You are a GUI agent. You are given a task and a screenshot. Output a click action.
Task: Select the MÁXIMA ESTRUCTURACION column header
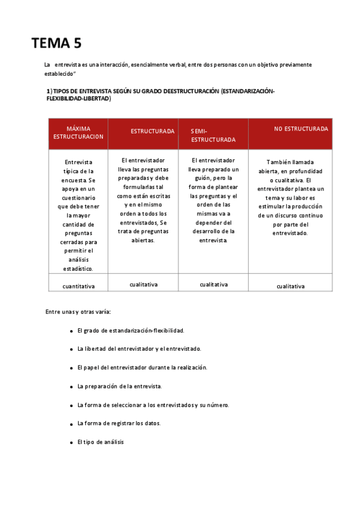click(78, 133)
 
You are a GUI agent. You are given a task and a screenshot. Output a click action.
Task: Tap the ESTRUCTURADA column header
click(153, 131)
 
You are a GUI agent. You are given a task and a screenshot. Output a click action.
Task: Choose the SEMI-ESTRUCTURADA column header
click(213, 135)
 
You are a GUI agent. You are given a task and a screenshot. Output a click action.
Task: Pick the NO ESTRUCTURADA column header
click(301, 129)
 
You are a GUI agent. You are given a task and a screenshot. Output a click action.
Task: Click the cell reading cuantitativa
click(78, 286)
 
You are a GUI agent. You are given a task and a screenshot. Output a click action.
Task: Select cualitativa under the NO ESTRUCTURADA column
click(290, 286)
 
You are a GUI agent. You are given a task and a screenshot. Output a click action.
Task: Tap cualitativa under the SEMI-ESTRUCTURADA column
click(213, 284)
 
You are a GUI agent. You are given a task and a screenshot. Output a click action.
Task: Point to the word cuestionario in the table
click(78, 197)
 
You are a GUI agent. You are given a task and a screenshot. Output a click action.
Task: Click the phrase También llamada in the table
click(290, 162)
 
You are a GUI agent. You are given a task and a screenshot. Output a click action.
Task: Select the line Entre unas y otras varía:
click(78, 312)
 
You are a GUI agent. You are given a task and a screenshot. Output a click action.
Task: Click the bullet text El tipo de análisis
click(100, 442)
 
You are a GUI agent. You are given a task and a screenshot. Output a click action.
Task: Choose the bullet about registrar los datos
click(119, 423)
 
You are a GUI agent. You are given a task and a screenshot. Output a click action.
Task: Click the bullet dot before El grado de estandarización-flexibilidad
click(71, 331)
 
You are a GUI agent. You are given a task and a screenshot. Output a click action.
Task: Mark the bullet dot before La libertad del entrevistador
click(71, 349)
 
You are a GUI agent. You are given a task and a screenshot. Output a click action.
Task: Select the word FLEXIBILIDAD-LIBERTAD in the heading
click(78, 98)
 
